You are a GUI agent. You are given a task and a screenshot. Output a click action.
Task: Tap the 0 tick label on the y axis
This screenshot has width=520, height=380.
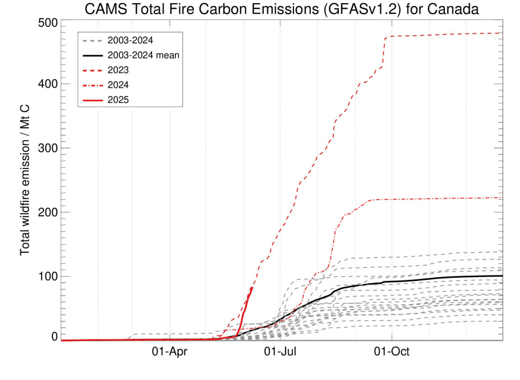[54, 337]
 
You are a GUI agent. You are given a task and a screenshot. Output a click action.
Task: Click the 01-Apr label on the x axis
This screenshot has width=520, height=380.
[169, 351]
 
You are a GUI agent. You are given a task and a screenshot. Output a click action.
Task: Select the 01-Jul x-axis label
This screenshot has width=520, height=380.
[280, 351]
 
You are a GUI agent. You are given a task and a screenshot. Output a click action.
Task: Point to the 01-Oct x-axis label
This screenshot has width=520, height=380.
[392, 351]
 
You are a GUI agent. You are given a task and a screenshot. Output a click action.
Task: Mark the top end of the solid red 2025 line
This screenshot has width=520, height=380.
[252, 287]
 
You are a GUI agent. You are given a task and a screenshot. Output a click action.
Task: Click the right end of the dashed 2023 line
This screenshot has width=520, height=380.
[502, 33]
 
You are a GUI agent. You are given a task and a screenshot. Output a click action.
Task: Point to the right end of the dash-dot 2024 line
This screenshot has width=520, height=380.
[502, 198]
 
